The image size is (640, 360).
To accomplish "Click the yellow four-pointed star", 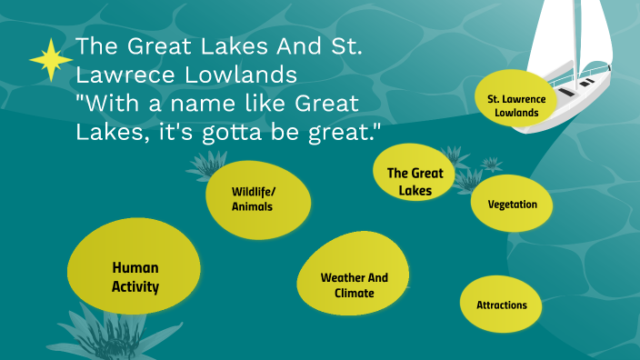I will [x=51, y=62].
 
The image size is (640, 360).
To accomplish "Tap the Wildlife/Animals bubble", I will [x=252, y=198].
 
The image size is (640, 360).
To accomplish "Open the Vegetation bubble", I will [x=512, y=204].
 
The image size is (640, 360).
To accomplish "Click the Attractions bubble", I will [x=501, y=305].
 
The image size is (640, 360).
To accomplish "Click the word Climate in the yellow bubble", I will [x=354, y=293].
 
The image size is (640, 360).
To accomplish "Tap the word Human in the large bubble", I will [x=135, y=267].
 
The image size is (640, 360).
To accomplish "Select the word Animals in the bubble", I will [x=252, y=206].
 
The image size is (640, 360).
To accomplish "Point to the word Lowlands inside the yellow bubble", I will [x=516, y=113].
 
